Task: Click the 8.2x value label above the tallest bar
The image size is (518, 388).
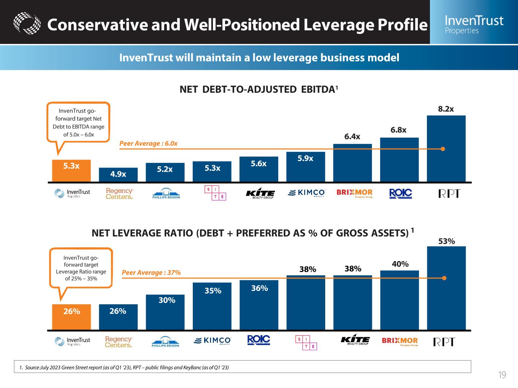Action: (x=446, y=109)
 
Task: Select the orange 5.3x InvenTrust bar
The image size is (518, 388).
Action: (x=71, y=171)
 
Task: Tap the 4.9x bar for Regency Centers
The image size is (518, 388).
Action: (x=118, y=175)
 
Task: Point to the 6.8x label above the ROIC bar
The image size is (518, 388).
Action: (x=398, y=130)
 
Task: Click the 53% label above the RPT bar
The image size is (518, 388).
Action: (x=446, y=241)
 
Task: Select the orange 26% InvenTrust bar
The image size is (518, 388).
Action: (x=71, y=317)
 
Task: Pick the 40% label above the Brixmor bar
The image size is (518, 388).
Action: (x=400, y=264)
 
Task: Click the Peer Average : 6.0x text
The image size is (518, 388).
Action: (x=148, y=144)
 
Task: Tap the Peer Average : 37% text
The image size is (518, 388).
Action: (x=151, y=272)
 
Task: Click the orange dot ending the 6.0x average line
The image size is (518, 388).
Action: (x=442, y=149)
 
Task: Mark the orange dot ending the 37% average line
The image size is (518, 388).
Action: (x=444, y=278)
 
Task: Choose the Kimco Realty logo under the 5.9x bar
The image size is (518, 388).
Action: (x=307, y=193)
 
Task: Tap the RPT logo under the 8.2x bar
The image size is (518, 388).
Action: (x=449, y=194)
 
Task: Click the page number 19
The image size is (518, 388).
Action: (x=502, y=375)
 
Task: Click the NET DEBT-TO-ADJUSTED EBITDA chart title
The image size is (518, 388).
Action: (x=258, y=89)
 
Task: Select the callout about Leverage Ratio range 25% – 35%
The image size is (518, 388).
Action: (x=81, y=268)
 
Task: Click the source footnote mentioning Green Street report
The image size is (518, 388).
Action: (x=124, y=367)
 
